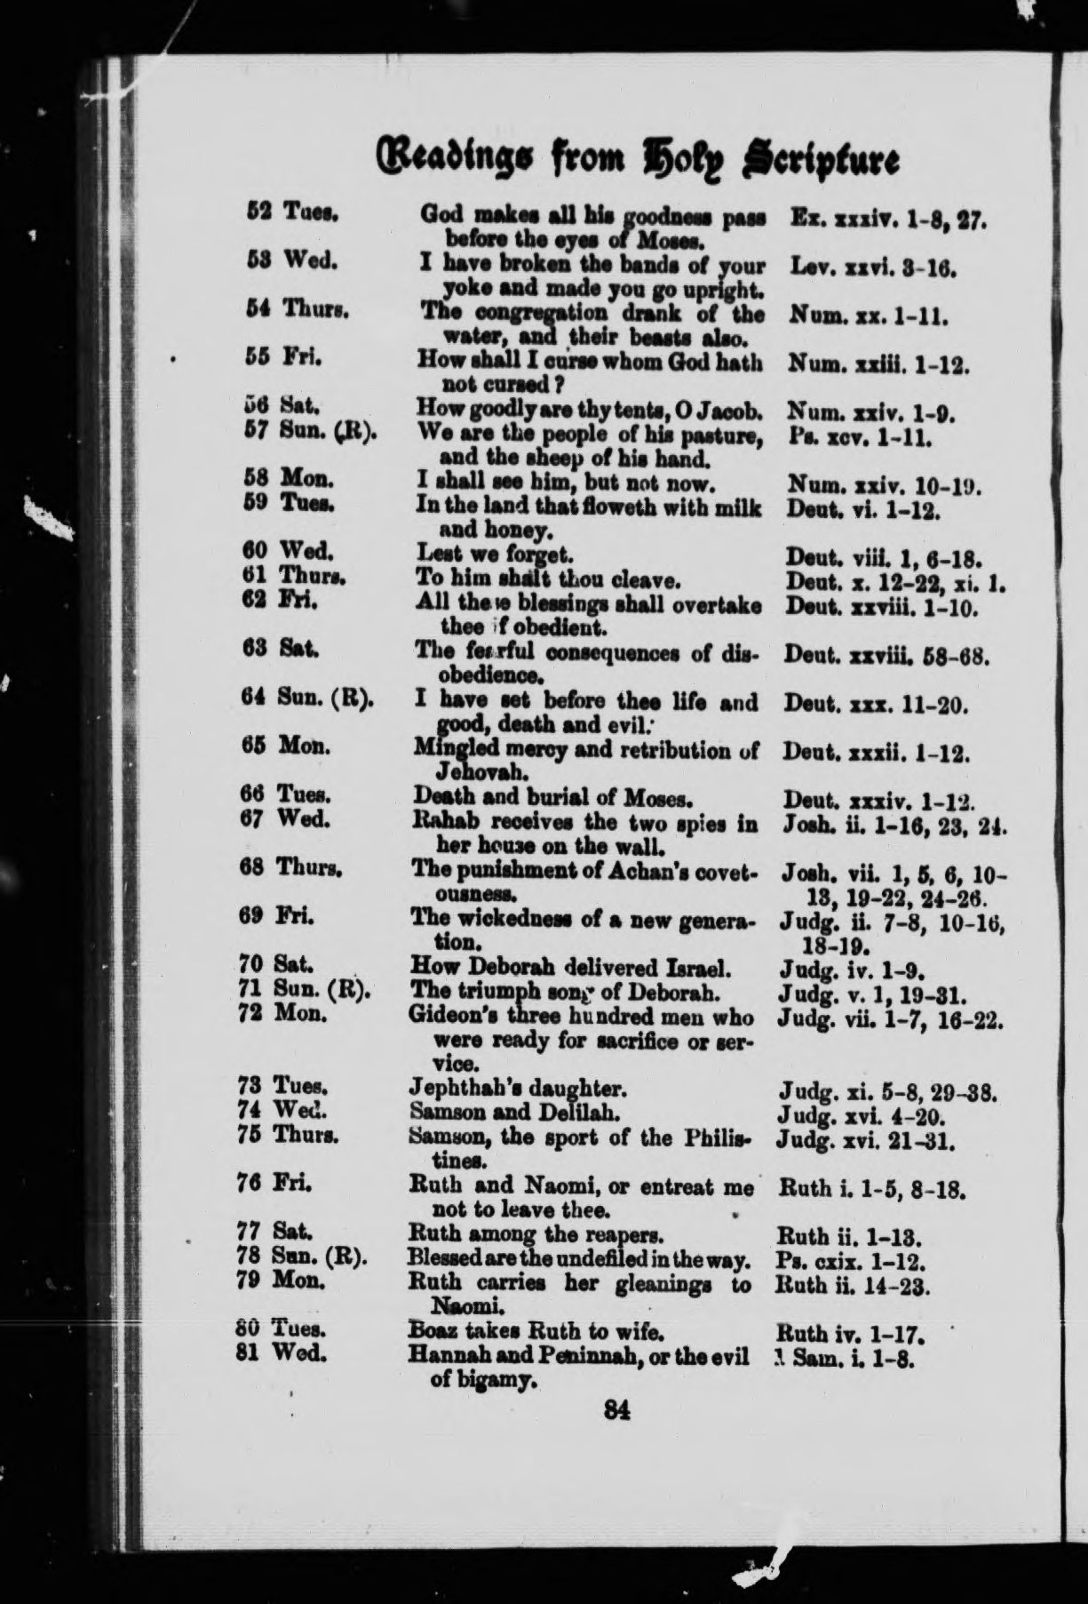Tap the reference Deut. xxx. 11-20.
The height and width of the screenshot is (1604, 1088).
click(877, 706)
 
